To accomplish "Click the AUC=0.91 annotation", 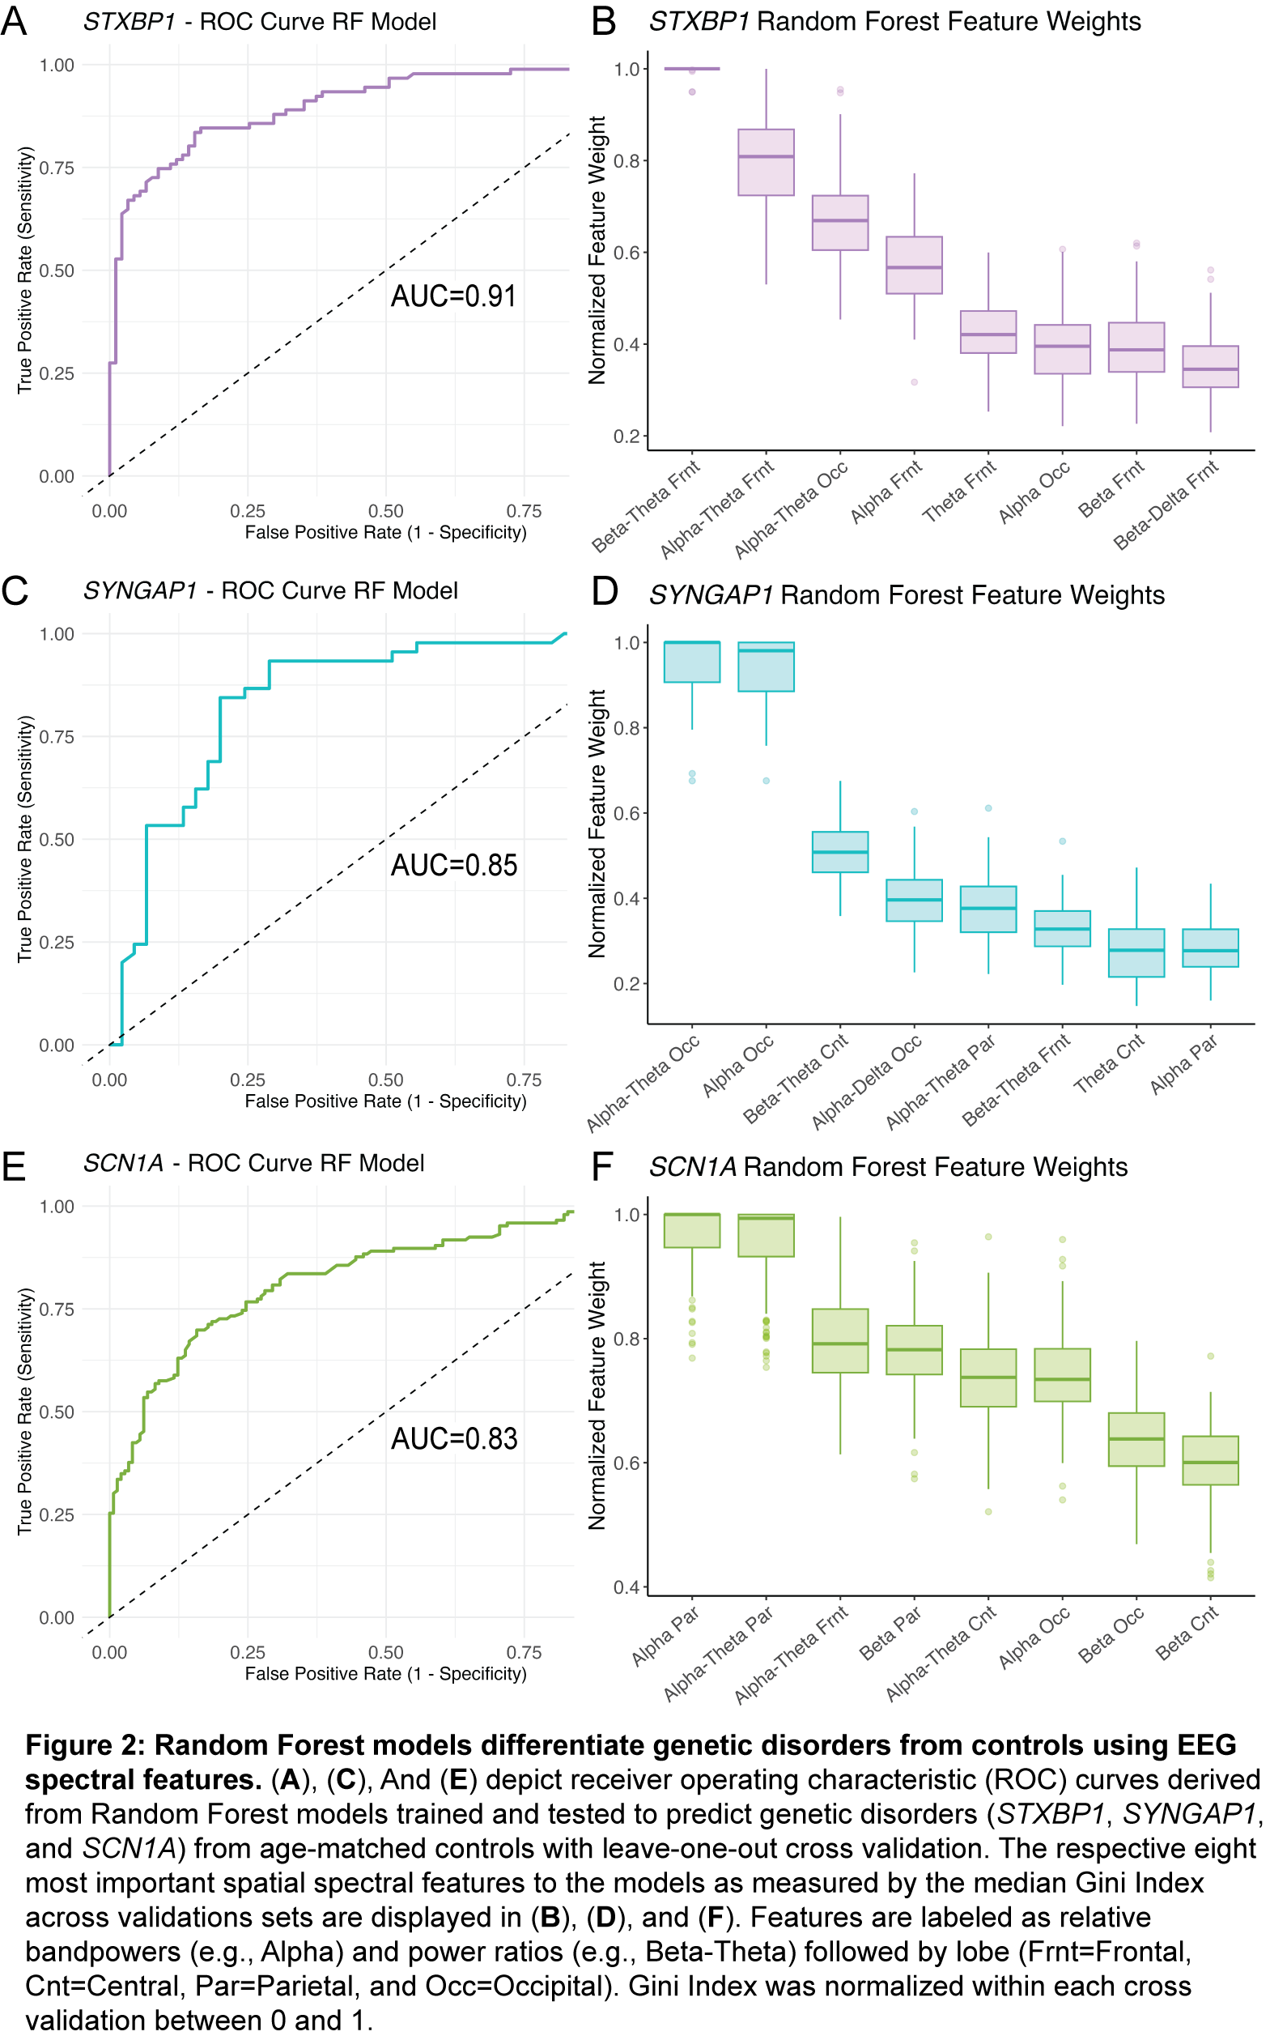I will pos(453,296).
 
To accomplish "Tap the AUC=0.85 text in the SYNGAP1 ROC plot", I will pos(453,866).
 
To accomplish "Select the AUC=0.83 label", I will pos(453,1438).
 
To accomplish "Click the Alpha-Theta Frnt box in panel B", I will pos(765,162).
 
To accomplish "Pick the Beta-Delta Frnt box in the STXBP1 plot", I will pos(1209,366).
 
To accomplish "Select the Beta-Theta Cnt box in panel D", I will pos(840,852).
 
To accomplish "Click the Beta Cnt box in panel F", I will pos(1209,1460).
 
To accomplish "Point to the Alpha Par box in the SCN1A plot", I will pos(691,1230).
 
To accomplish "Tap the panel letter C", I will pos(15,590).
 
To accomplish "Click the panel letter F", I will pos(603,1167).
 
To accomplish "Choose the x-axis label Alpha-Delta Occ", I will pos(867,1082).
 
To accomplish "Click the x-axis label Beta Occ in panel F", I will pos(1111,1634).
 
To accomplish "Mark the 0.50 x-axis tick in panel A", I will pos(385,511).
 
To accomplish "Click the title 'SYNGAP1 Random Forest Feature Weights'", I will pos(907,595).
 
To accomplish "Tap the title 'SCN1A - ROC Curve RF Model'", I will pos(253,1163).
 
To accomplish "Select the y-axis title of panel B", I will pos(597,250).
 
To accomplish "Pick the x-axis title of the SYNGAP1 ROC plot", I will pos(385,1101).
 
